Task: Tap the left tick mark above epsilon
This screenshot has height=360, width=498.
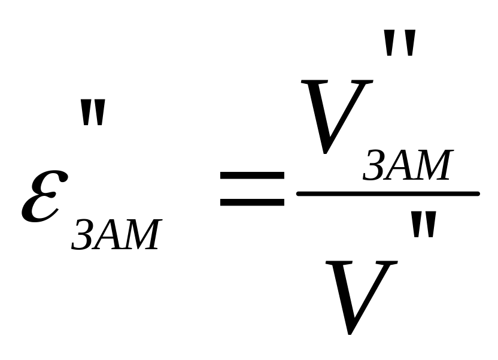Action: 86,114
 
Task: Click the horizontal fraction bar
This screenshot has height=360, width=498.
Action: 388,193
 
